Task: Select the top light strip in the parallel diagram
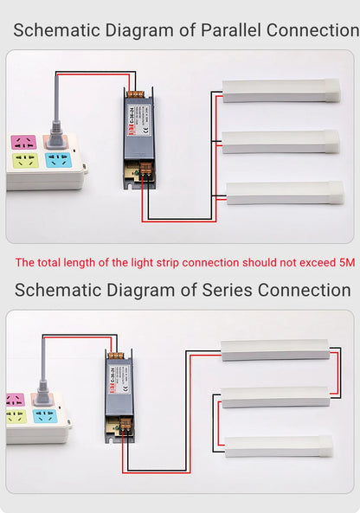(x=280, y=91)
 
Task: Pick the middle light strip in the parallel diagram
(x=280, y=141)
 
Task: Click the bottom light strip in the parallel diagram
(x=285, y=192)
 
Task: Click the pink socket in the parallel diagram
(x=23, y=142)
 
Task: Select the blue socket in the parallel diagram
(x=57, y=160)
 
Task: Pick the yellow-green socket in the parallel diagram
(x=23, y=161)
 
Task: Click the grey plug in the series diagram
(x=42, y=394)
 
